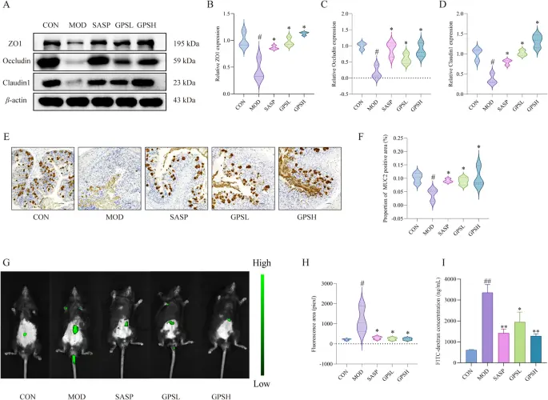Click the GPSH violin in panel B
click(326, 33)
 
